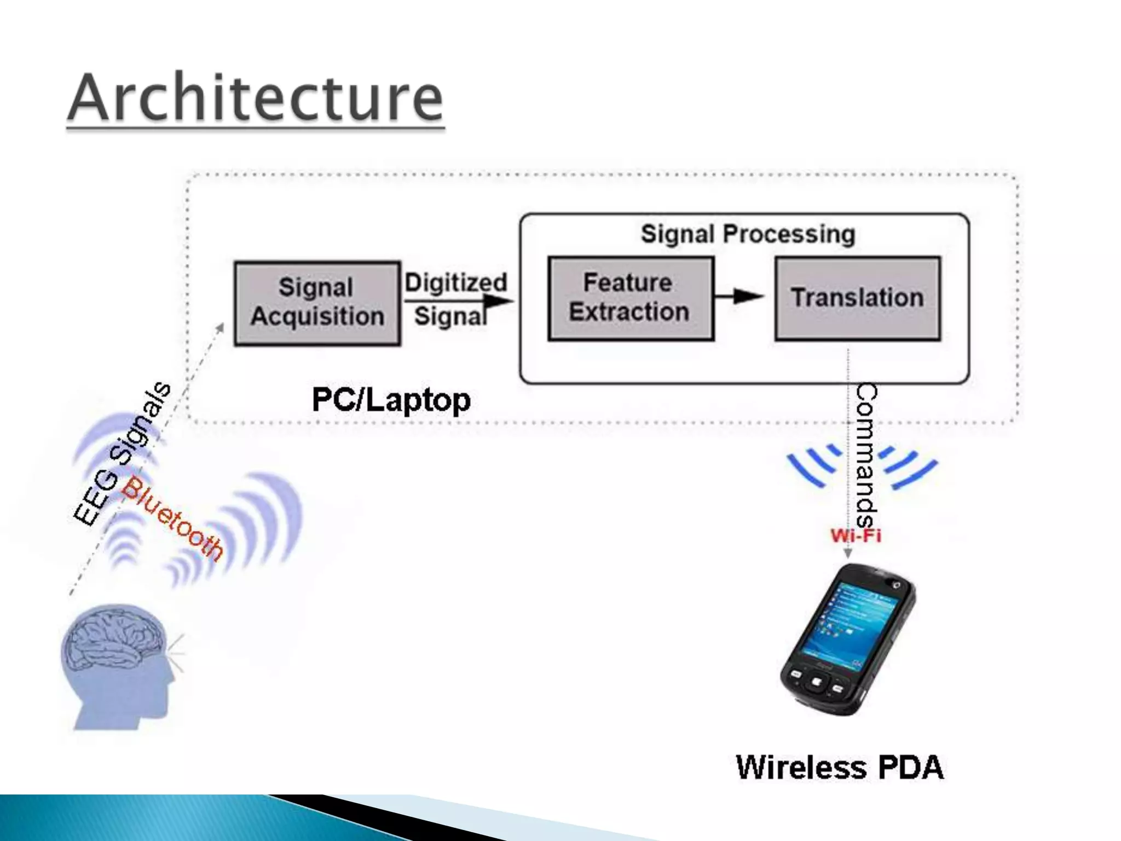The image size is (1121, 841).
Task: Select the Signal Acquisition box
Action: [x=317, y=303]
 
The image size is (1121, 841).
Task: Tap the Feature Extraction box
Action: [x=630, y=298]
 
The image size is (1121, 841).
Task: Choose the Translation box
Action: [x=857, y=298]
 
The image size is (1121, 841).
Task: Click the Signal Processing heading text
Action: [x=748, y=234]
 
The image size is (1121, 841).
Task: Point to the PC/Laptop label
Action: [x=391, y=400]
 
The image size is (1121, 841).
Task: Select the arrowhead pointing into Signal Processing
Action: [x=498, y=301]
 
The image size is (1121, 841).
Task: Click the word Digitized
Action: [x=456, y=283]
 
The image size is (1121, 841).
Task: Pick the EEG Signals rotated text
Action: [x=123, y=453]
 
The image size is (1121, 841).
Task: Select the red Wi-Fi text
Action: [x=856, y=535]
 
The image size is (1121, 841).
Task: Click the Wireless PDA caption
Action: [x=840, y=768]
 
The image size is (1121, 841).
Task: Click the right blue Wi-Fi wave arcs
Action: [x=909, y=466]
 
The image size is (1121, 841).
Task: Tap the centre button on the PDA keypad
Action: [x=817, y=682]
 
